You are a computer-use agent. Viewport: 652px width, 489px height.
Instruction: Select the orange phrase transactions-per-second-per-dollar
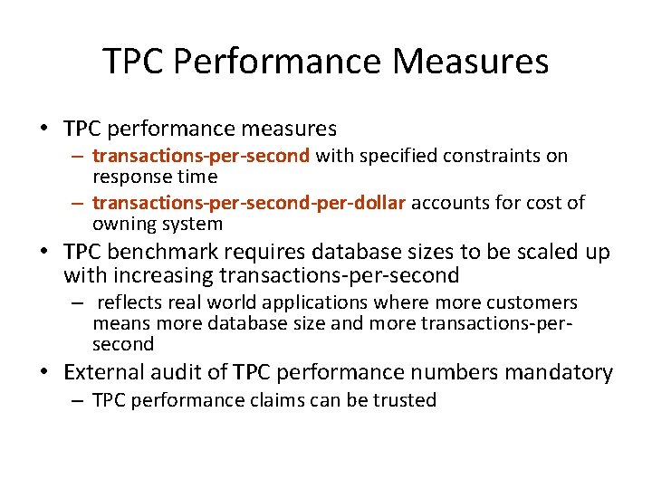[x=249, y=202]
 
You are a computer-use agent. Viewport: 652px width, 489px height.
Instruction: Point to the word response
[x=130, y=176]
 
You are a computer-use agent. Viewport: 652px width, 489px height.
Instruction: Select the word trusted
[x=407, y=400]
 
